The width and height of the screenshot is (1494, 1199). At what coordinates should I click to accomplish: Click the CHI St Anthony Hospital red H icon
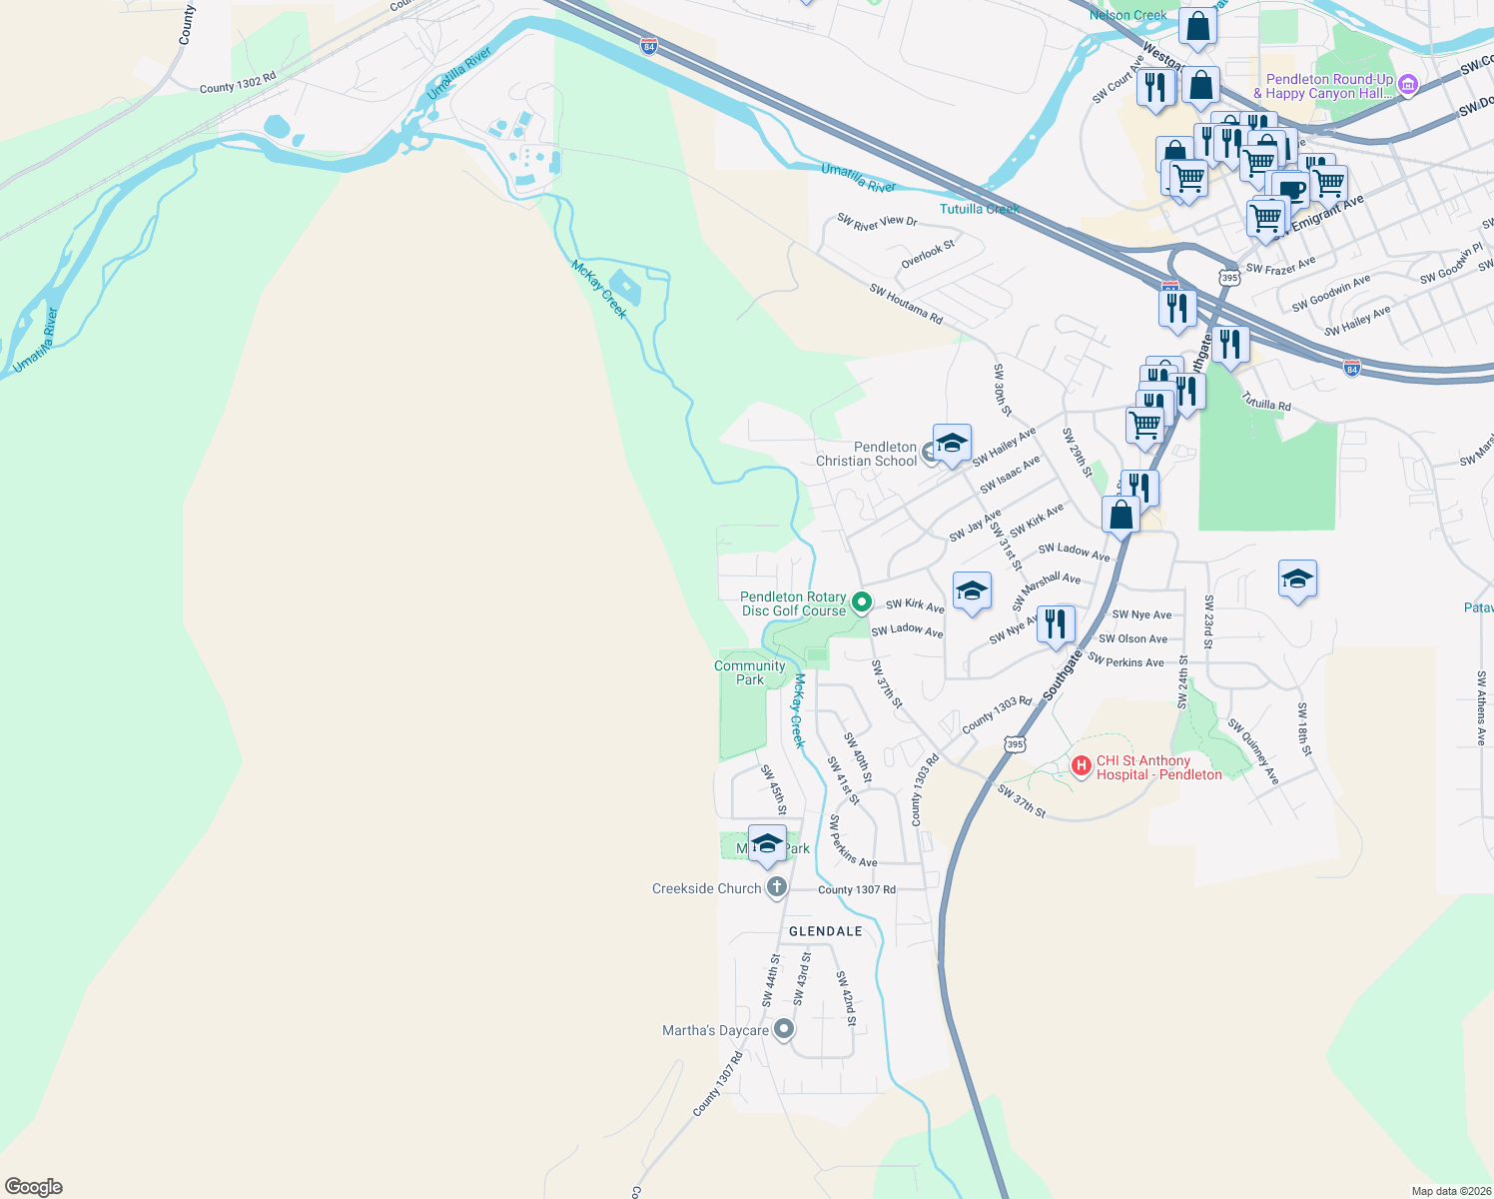tap(1080, 766)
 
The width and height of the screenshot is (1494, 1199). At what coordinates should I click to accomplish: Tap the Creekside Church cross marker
tap(776, 887)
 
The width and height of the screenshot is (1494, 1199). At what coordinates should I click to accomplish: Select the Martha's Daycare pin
tap(784, 1028)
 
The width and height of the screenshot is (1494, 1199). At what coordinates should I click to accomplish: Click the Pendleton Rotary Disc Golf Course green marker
tap(862, 602)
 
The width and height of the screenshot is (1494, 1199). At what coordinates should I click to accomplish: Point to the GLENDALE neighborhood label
tap(825, 931)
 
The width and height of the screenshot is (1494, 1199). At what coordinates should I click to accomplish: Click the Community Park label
tap(749, 672)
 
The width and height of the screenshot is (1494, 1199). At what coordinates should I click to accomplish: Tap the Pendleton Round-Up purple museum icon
tap(1408, 84)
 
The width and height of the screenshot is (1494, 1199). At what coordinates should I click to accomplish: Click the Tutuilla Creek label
tap(979, 209)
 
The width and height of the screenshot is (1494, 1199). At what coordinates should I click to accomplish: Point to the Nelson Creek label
tap(1127, 15)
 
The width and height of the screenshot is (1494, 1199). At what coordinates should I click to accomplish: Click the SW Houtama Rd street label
tap(906, 304)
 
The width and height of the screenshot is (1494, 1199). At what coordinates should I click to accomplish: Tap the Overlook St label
tap(928, 254)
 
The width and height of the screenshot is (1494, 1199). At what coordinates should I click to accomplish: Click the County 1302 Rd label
tap(237, 83)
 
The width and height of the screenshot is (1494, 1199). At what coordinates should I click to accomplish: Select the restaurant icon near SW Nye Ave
tap(1056, 623)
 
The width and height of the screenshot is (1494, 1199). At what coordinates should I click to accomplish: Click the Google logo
tap(33, 1187)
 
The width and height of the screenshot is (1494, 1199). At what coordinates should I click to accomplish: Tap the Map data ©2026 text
tap(1447, 1191)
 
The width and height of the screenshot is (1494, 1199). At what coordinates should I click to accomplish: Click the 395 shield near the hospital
tap(1015, 744)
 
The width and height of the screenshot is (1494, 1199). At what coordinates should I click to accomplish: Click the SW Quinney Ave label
tap(1253, 750)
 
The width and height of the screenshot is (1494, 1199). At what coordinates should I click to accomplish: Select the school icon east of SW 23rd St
tap(1296, 579)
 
